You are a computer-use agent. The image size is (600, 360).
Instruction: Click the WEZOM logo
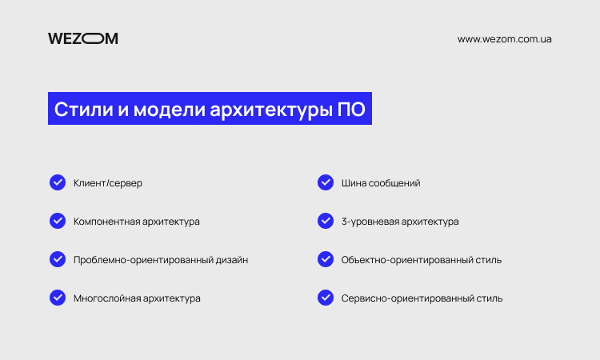83,38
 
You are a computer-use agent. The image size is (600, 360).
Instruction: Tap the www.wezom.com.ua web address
504,39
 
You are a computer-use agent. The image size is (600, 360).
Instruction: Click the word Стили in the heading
84,109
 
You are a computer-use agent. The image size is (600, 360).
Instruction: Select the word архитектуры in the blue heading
271,110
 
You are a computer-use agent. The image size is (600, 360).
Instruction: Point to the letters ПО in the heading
351,109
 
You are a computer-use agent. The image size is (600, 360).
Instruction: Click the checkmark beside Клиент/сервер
58,182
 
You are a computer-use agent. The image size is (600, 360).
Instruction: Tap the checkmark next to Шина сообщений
326,182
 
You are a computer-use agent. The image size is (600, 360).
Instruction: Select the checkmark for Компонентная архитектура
58,221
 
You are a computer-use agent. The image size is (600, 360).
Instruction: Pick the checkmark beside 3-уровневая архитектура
326,221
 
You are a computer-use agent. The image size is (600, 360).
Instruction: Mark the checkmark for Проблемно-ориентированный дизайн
58,259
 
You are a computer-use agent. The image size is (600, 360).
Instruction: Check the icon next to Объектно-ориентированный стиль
326,259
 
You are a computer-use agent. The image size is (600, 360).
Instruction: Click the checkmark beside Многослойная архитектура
58,298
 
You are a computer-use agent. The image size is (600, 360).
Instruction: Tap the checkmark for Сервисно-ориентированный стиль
326,298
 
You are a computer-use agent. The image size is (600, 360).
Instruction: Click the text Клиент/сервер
108,183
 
